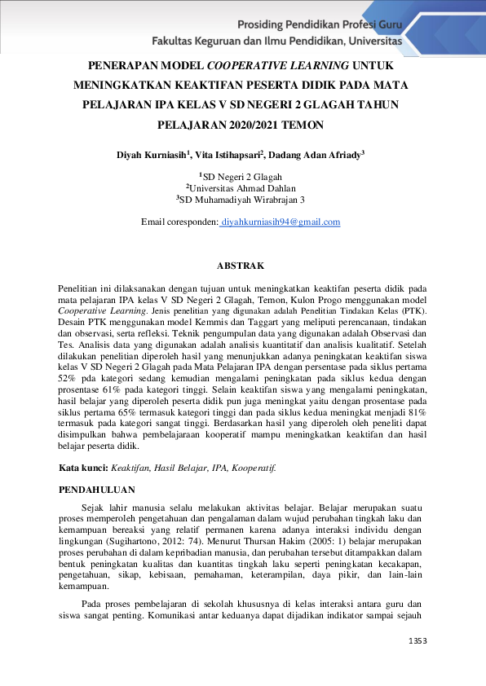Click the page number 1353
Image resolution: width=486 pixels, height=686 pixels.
coord(418,641)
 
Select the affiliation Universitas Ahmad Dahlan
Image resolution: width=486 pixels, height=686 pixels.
coord(242,187)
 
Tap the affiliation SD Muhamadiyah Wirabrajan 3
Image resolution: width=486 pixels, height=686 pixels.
coord(242,199)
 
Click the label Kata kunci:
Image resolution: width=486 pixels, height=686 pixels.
coord(84,468)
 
